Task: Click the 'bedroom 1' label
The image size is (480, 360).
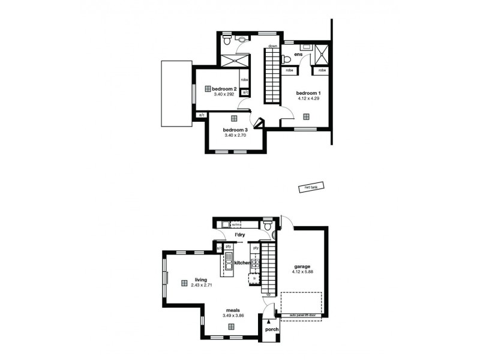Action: (308, 93)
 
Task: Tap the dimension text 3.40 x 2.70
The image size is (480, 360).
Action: (235, 136)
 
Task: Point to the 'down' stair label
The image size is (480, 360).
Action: (272, 46)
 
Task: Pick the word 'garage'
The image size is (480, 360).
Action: (302, 266)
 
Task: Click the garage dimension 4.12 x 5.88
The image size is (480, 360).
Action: (302, 272)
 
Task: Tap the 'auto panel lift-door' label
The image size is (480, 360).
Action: (302, 315)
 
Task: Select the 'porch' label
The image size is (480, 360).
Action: (272, 329)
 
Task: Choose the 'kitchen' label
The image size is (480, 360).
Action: (242, 263)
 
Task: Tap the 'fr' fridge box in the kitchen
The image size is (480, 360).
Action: (254, 278)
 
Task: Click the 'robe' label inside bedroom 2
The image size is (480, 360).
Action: (244, 80)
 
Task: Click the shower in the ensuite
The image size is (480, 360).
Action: (320, 55)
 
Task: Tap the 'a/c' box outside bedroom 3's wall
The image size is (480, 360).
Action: (201, 115)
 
